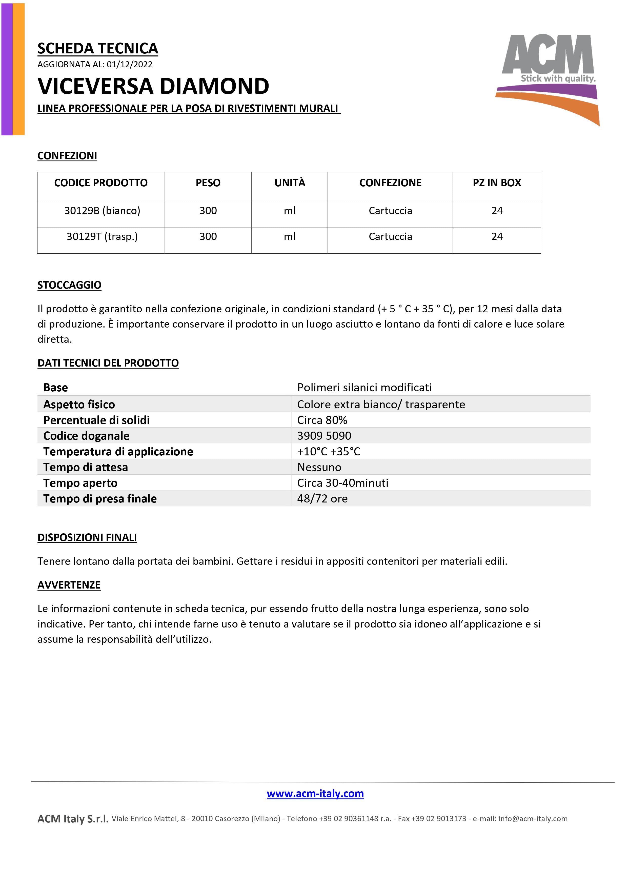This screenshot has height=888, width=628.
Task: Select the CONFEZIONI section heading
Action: [x=67, y=156]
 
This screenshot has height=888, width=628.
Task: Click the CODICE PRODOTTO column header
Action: [x=101, y=183]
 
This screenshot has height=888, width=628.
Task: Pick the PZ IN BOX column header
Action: [x=497, y=183]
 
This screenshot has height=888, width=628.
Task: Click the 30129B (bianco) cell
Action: [x=102, y=211]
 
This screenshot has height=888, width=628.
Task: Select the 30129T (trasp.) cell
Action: [x=102, y=237]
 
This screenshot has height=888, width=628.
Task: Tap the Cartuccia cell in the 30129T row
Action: [x=390, y=237]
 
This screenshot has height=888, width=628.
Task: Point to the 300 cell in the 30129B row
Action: [x=208, y=211]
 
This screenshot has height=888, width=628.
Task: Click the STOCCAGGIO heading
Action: [x=69, y=285]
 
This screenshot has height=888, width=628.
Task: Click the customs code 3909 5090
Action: [x=324, y=436]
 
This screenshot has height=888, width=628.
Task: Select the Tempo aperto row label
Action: [x=80, y=483]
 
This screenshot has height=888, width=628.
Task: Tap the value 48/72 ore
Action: [x=322, y=499]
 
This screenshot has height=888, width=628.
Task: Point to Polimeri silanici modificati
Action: [x=364, y=388]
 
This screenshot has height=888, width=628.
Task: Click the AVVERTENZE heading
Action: [x=69, y=585]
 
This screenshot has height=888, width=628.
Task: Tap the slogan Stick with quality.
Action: [x=558, y=78]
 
